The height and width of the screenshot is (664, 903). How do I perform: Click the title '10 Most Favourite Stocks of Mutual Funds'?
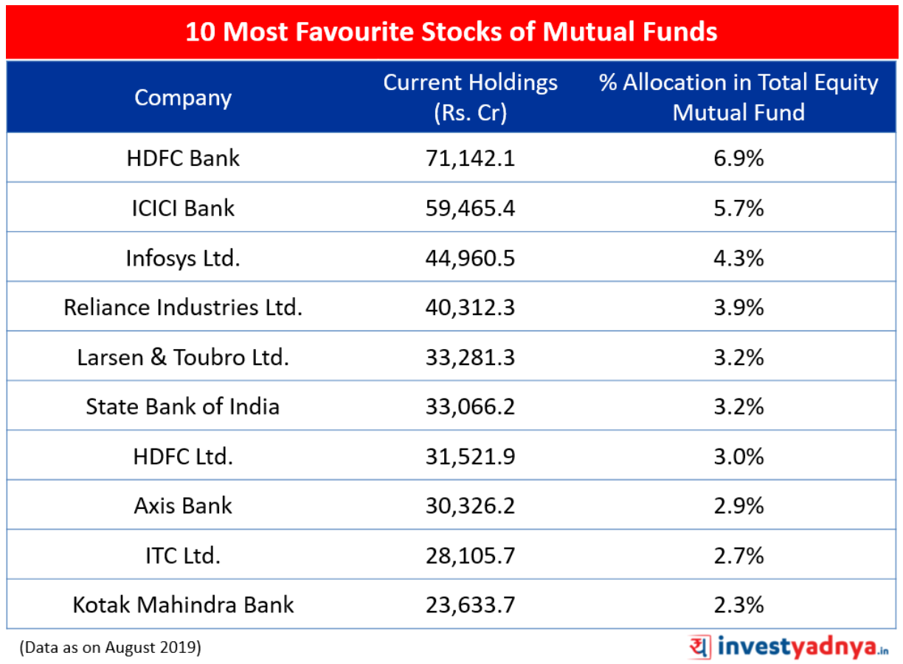(451, 32)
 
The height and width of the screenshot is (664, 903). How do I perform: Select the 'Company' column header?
(183, 98)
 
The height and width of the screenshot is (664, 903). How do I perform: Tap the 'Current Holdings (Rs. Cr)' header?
(470, 97)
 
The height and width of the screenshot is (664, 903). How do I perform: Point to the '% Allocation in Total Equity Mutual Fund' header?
(738, 97)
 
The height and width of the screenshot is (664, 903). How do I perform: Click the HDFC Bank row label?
(183, 158)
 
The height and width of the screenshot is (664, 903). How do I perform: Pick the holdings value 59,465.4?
(470, 209)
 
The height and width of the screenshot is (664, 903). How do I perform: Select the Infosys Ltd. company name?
(183, 258)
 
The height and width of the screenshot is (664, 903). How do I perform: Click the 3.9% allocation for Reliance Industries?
(738, 308)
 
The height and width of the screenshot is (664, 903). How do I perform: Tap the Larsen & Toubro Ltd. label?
(183, 357)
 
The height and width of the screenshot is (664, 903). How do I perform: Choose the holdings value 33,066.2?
(470, 407)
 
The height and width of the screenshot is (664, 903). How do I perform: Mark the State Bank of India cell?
(183, 407)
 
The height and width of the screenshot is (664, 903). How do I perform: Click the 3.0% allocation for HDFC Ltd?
(738, 457)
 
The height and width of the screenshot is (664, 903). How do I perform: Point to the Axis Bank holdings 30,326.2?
(470, 506)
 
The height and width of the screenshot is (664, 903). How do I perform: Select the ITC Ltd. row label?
(183, 556)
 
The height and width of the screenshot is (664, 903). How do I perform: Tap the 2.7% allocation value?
(738, 556)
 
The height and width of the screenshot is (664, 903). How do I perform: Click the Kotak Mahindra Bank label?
(183, 605)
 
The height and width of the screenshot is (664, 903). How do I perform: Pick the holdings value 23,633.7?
(470, 606)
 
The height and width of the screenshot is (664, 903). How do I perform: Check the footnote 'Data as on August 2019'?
(110, 648)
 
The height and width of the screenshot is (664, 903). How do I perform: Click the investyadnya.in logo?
(789, 647)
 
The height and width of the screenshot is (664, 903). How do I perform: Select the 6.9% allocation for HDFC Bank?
(738, 158)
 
